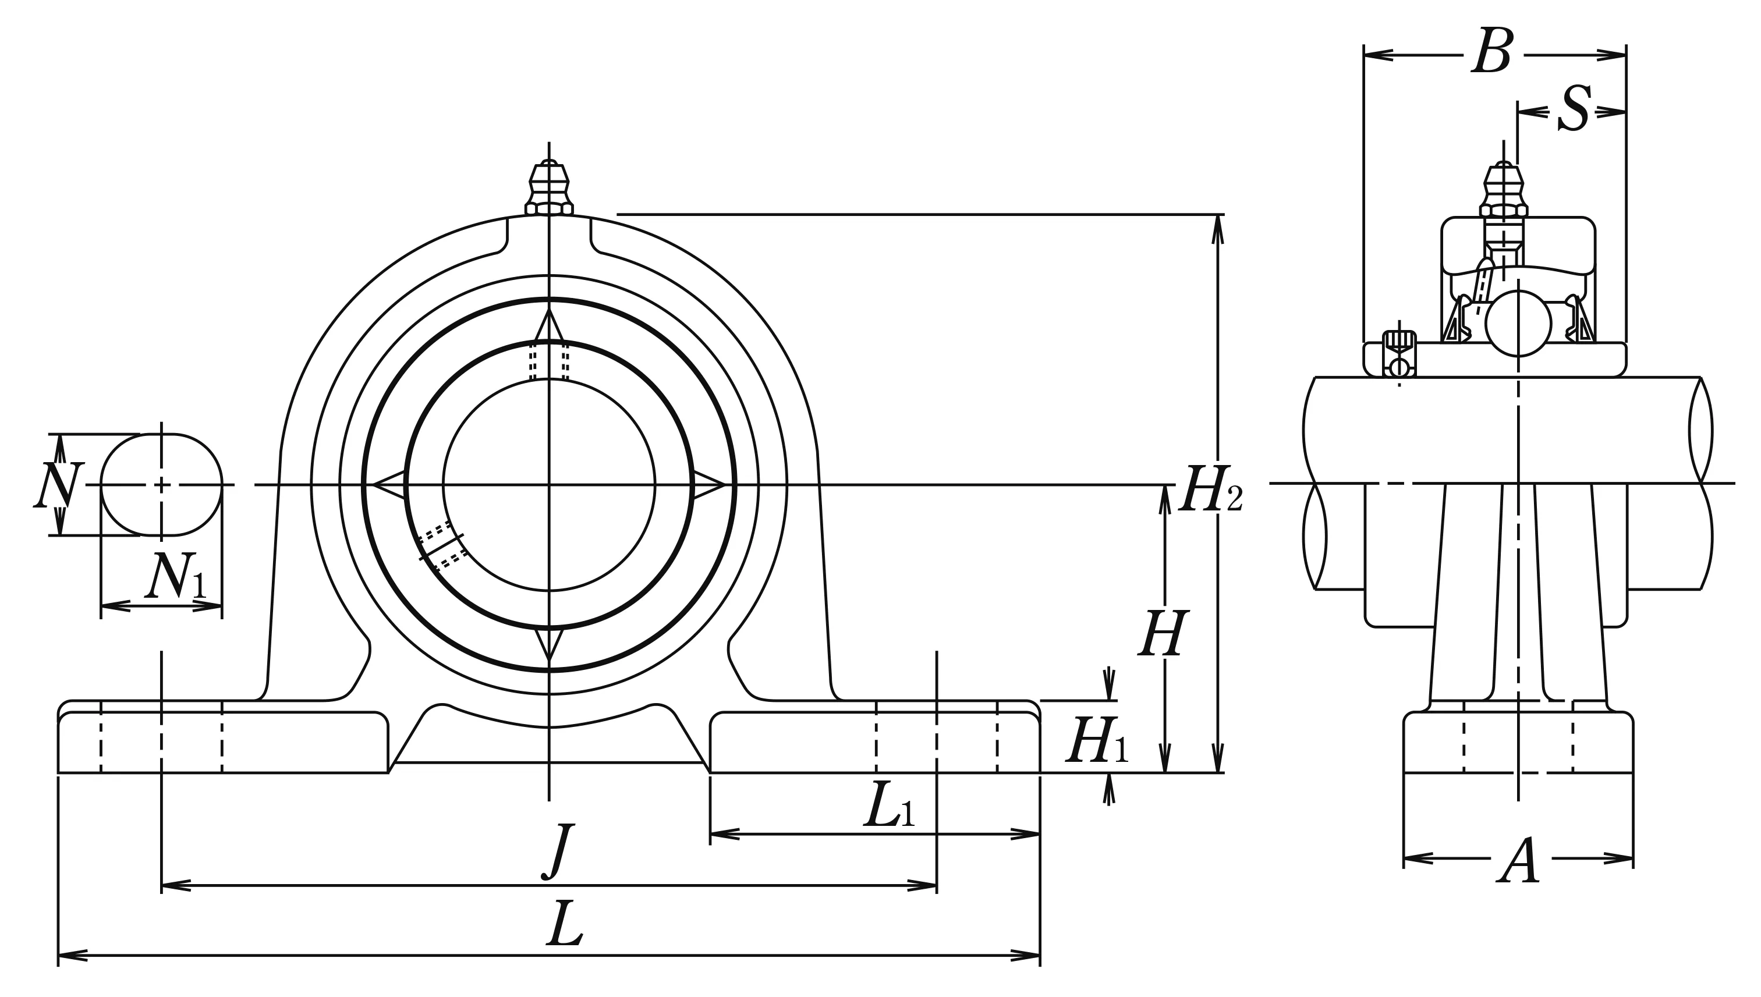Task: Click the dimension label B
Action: (x=1492, y=51)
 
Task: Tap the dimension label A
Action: (x=1519, y=861)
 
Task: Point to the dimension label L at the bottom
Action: (x=565, y=924)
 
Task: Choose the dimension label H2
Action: (x=1209, y=489)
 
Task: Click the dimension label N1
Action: (x=175, y=576)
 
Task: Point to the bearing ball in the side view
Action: (x=1519, y=323)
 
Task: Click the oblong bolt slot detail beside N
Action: (x=162, y=484)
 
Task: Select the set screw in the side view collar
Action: (x=1399, y=353)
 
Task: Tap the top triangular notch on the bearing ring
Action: (x=549, y=325)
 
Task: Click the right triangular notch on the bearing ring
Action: (x=708, y=485)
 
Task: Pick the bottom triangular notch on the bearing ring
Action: (x=549, y=644)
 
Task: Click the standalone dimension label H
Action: (x=1162, y=634)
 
